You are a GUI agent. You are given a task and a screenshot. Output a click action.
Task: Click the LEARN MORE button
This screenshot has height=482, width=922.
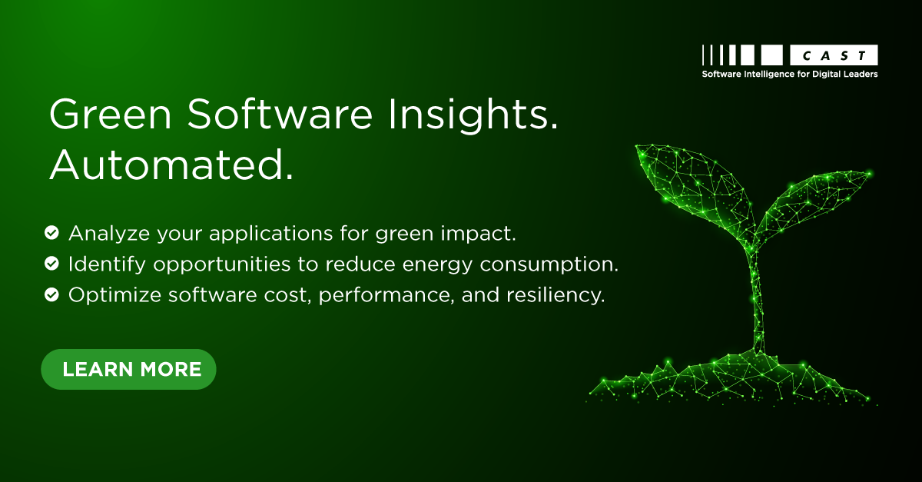tap(128, 369)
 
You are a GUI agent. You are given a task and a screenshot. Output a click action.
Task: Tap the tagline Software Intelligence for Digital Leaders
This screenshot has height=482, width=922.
tap(789, 75)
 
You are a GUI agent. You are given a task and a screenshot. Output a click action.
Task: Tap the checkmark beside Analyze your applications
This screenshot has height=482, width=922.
tap(51, 231)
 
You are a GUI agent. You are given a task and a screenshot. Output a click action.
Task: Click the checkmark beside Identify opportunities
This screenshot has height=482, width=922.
tap(51, 264)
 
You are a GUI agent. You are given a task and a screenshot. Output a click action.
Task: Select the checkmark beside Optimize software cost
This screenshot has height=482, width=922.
tap(51, 295)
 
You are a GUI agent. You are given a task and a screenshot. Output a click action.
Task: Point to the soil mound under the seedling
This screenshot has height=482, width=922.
tap(730, 381)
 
